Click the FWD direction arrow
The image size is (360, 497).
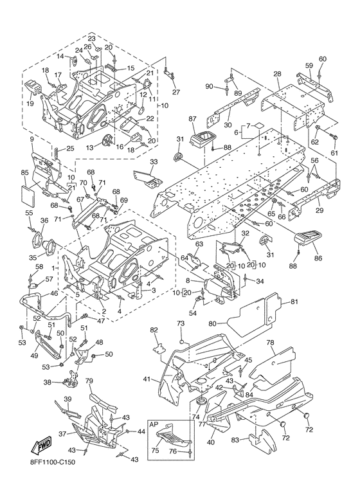[x=40, y=446]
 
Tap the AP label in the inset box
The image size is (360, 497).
[x=154, y=424]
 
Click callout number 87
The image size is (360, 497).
[x=193, y=119]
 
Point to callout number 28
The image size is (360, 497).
[x=277, y=74]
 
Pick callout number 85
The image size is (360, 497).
[x=25, y=173]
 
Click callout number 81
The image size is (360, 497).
[x=294, y=302]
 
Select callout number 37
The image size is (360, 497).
[x=62, y=433]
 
